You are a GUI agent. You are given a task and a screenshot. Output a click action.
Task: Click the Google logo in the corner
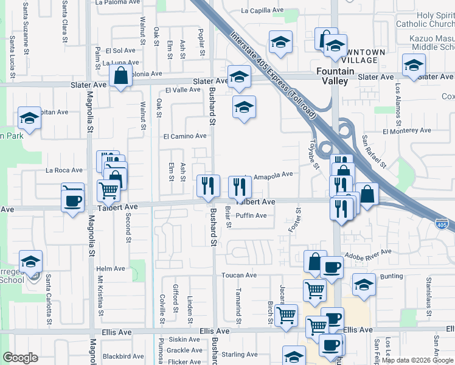point(20,358)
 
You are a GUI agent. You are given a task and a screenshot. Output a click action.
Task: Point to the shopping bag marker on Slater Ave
point(121,77)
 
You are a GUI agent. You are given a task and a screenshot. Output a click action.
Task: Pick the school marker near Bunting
point(364,284)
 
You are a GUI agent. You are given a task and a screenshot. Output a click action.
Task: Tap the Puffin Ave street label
point(251,215)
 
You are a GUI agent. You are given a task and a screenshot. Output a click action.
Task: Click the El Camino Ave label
point(185,136)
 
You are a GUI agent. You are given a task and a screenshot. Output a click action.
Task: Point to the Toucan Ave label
point(239,275)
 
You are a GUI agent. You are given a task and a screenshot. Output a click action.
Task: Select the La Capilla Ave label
point(263,10)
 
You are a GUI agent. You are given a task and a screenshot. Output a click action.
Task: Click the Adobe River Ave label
point(367,252)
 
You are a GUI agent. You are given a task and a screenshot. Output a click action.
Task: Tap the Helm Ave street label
point(110,268)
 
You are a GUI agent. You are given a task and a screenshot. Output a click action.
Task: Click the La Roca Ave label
point(68,170)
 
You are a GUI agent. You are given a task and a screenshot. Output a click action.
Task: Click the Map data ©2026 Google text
point(417,360)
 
